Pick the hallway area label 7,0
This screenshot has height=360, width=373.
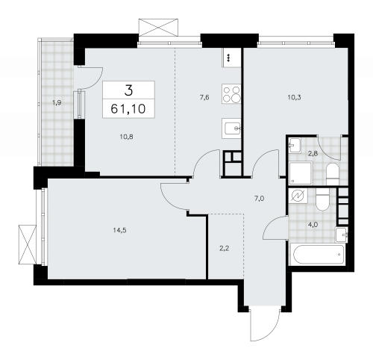[260, 200]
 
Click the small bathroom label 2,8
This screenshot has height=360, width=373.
[313, 152]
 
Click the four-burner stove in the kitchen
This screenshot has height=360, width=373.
[231, 95]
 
